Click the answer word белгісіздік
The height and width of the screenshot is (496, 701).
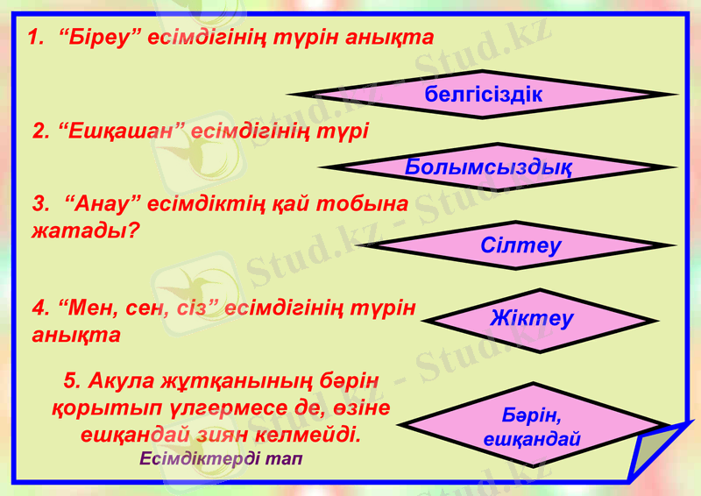(x=483, y=94)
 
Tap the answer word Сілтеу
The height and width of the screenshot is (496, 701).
(x=520, y=245)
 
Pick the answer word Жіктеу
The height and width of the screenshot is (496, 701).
(x=531, y=318)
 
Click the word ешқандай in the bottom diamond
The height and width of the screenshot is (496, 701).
(x=532, y=439)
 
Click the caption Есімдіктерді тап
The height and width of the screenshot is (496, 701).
(x=220, y=459)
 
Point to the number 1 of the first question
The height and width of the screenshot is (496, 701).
(x=34, y=38)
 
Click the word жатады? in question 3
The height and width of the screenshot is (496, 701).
(x=87, y=232)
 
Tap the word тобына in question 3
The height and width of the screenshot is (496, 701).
(x=362, y=204)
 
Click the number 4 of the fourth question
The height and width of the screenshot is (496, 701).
(x=39, y=308)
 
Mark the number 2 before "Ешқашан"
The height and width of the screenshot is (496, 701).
(x=39, y=131)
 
